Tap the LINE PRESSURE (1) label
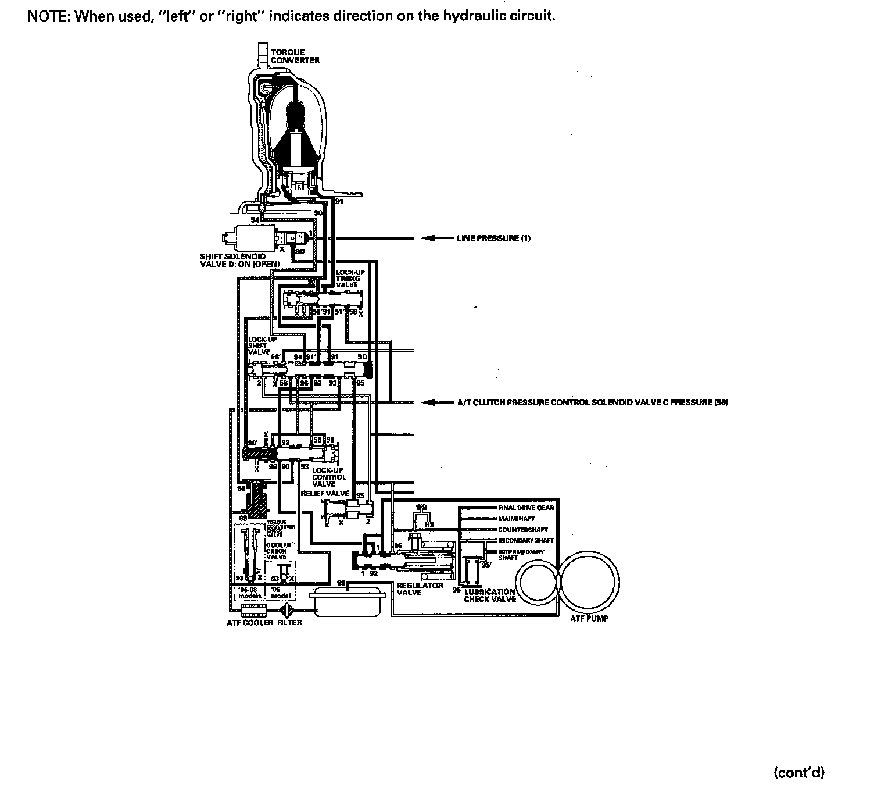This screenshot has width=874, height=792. pos(493,238)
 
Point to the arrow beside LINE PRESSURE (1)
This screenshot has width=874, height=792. pos(433,238)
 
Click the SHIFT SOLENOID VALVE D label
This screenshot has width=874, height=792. pos(239,260)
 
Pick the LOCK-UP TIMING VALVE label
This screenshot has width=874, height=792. pos(348,279)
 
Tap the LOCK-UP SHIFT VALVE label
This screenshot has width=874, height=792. pos(258,346)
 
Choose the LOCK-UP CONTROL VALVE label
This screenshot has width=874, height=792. pos(329,476)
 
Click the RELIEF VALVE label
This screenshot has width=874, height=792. pos(325,493)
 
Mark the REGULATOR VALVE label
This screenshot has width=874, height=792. pos(420,588)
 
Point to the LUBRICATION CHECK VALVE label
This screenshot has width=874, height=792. pos(490,595)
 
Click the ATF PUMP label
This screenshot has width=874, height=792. pos(589,618)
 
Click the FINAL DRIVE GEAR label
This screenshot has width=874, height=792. pos(526,508)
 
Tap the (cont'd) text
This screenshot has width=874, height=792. pos(799,772)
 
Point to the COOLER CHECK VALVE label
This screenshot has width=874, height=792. pos(277,551)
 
